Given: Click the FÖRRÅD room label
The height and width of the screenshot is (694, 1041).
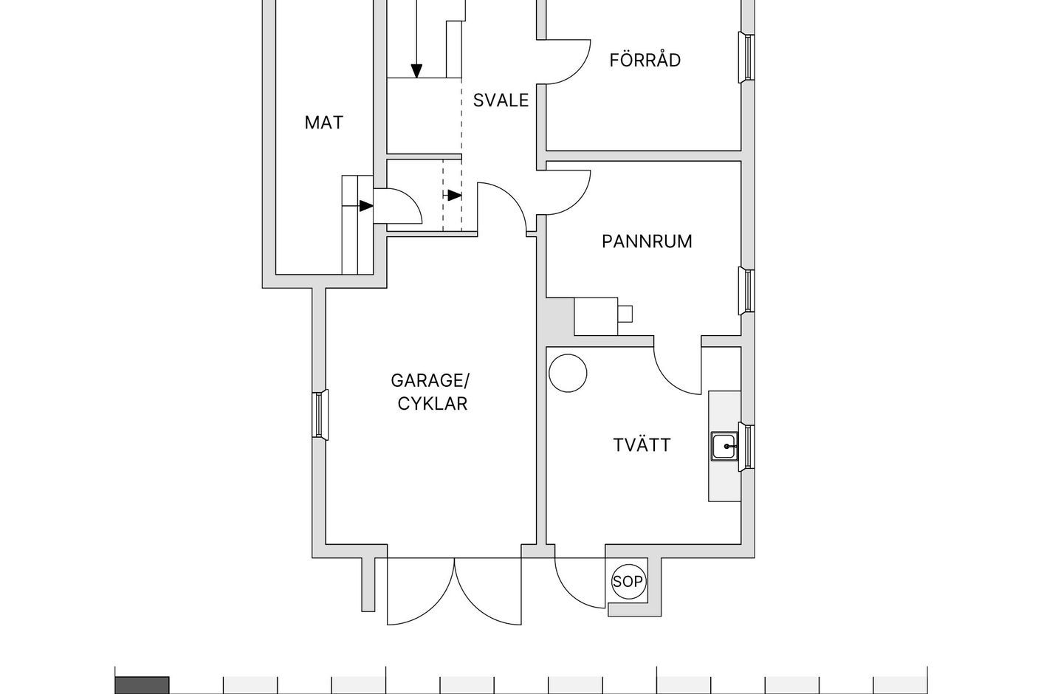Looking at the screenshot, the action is tap(645, 60).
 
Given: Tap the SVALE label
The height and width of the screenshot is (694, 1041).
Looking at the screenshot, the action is tap(501, 100).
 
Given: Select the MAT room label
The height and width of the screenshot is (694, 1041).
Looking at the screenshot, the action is tap(324, 123).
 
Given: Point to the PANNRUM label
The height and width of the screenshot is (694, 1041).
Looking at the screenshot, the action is tap(647, 241).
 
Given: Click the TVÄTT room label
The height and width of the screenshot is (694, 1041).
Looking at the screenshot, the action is tap(642, 445).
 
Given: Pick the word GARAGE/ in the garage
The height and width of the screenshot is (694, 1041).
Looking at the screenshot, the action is tap(430, 381).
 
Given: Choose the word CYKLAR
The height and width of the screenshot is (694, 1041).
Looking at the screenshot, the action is tap(432, 403).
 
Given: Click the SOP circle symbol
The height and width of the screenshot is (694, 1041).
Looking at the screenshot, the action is tap(628, 581).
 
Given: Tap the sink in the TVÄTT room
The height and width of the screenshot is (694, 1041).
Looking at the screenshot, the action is tap(724, 446).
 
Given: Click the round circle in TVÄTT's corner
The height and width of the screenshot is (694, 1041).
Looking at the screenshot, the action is tap(568, 373).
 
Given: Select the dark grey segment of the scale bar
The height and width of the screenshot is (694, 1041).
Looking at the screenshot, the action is tap(142, 685).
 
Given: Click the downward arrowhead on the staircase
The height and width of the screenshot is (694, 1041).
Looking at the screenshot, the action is tap(416, 71).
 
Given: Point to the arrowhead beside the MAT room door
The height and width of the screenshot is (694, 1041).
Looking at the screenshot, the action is tap(365, 205).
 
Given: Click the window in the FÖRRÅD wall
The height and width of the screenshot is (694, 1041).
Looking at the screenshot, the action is tap(747, 58).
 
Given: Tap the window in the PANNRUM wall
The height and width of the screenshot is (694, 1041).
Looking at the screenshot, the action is tap(747, 291).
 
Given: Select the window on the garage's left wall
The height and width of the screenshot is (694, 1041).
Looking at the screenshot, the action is tap(320, 415).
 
